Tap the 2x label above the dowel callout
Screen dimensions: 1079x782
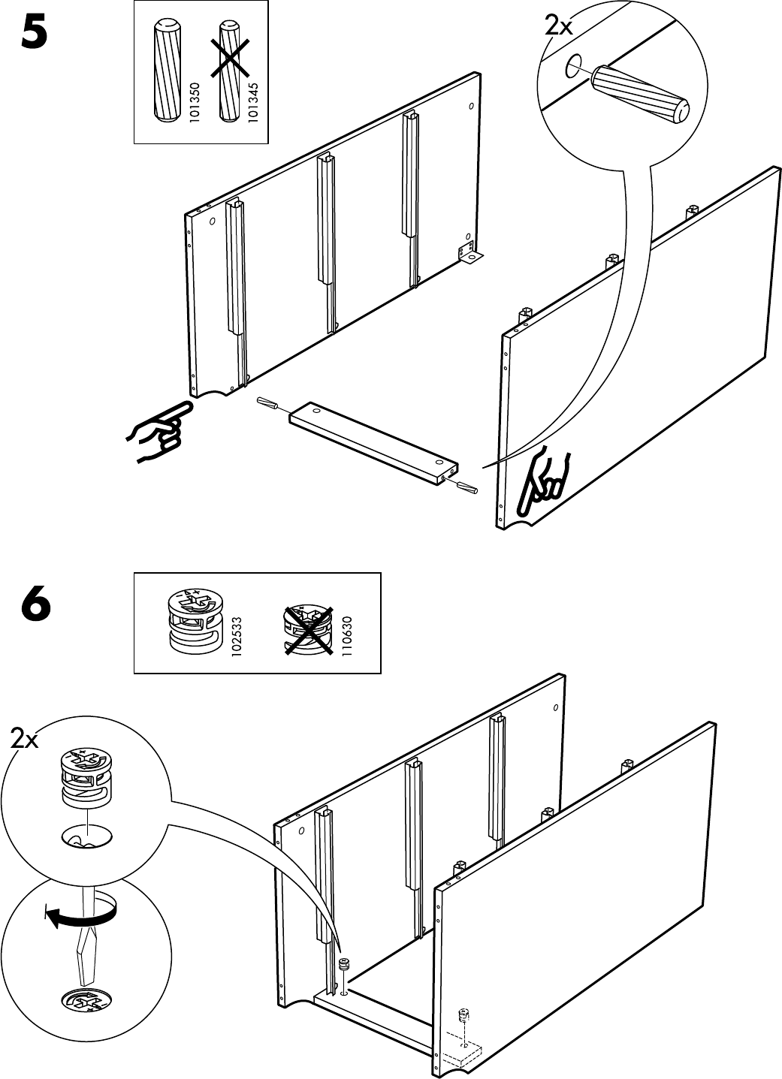pos(558,27)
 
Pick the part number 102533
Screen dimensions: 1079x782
pos(237,637)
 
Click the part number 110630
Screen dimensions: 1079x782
pos(346,637)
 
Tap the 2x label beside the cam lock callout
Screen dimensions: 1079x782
pos(25,740)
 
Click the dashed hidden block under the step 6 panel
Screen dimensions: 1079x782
pos(460,1050)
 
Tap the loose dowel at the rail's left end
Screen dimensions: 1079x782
pos(270,403)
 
